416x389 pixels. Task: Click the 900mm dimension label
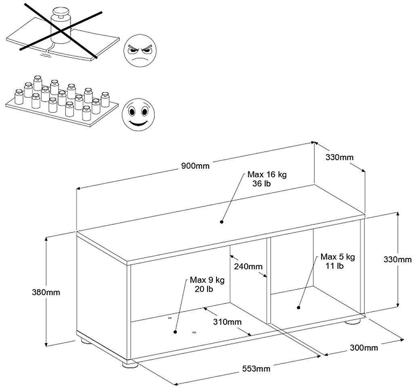[x=195, y=166]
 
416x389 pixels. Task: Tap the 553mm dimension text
[x=256, y=368]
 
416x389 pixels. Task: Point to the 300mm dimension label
[x=364, y=347]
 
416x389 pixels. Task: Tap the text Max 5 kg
[x=338, y=257]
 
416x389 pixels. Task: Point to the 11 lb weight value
[x=334, y=266]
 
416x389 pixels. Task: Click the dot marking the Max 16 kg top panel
[x=222, y=221]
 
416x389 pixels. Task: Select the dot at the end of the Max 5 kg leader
[x=298, y=307]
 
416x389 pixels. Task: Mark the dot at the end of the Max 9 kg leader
[x=175, y=332]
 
